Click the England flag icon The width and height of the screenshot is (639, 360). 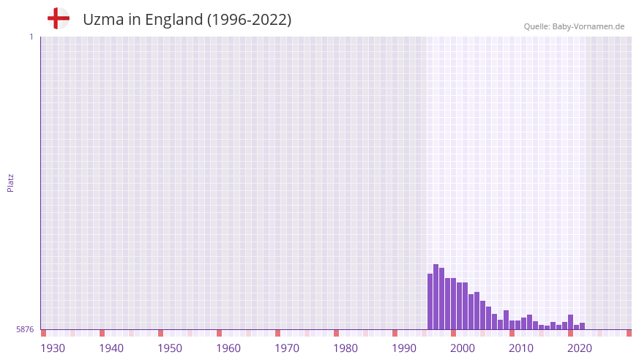(58, 18)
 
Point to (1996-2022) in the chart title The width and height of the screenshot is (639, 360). (249, 20)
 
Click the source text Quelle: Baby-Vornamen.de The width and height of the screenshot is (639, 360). (574, 26)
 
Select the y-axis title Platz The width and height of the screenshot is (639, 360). (10, 182)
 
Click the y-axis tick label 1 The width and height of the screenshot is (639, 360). (31, 37)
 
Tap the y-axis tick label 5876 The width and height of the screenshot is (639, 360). (25, 330)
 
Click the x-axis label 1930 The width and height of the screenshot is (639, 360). (53, 348)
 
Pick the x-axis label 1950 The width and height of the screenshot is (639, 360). (170, 348)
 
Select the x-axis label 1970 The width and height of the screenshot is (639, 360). (287, 348)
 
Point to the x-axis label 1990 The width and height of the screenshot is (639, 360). (404, 348)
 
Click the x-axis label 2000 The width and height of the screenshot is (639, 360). (463, 348)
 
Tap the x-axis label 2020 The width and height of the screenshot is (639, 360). (580, 348)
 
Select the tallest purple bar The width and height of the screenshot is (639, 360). (436, 297)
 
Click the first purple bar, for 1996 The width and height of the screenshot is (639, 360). (430, 301)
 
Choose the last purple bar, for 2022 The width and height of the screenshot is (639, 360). (583, 326)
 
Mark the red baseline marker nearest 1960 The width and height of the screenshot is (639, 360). (219, 333)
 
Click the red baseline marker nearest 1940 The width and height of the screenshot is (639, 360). (102, 333)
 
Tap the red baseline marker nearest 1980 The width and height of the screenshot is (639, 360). (336, 333)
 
